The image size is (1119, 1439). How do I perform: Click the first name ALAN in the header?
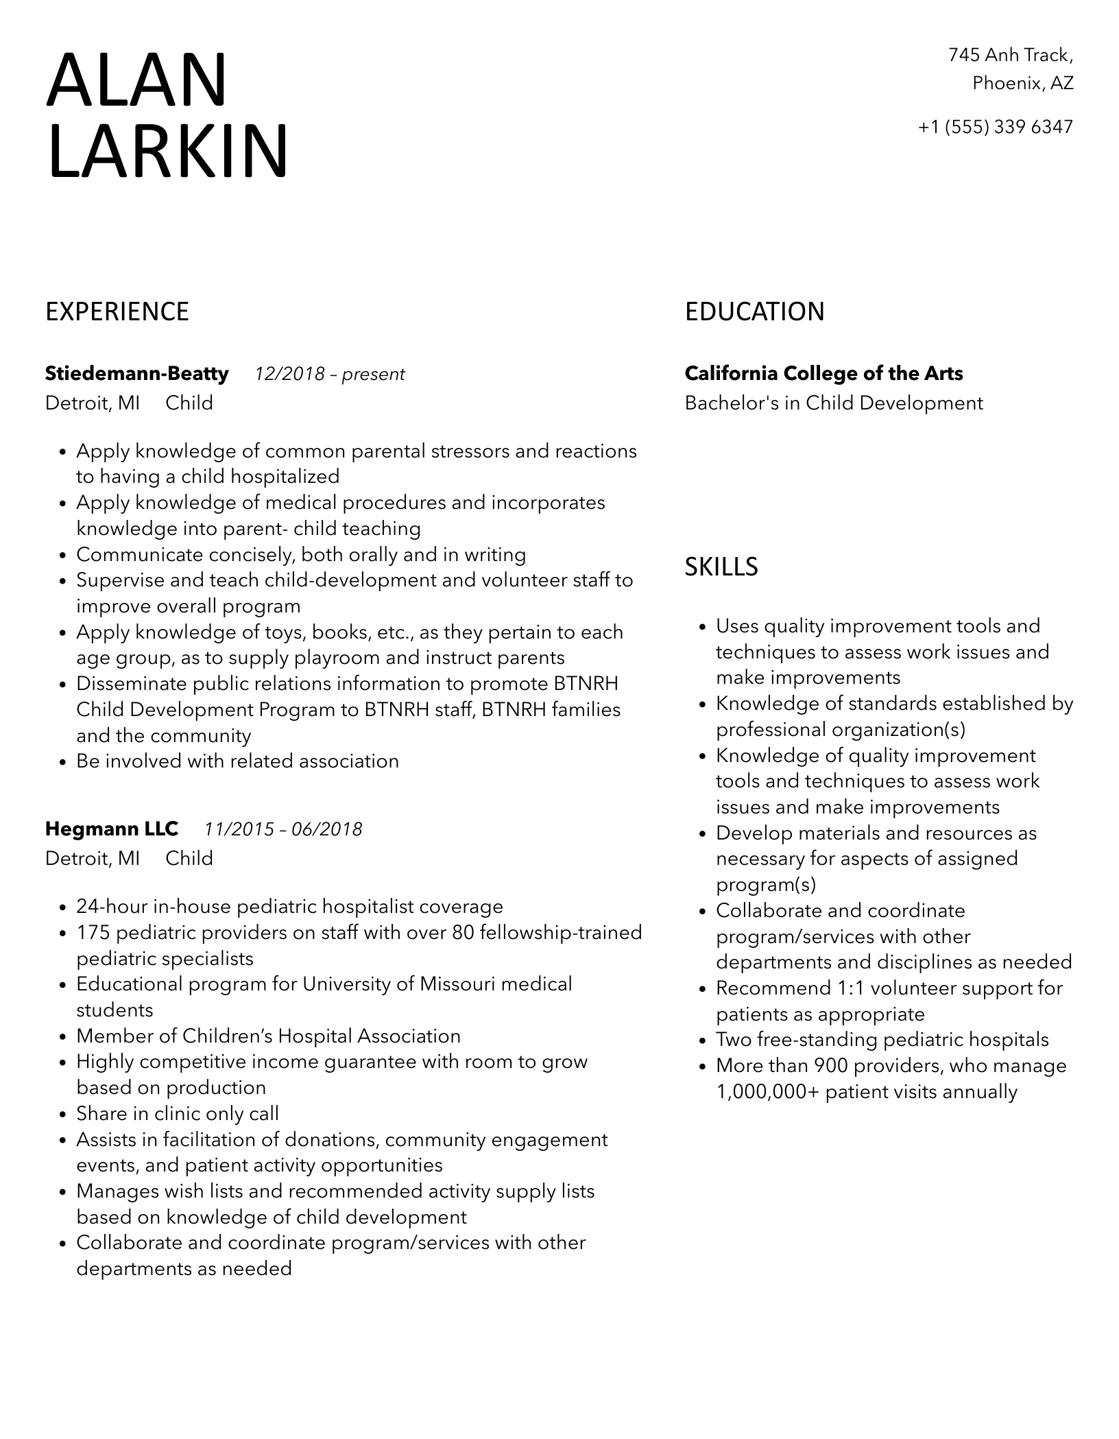point(136,81)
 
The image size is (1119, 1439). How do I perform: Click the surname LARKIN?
point(167,152)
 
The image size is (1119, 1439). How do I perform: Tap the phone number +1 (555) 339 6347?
point(995,127)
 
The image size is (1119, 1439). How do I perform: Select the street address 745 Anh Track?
point(1010,55)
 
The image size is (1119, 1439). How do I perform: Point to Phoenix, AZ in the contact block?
point(1022,84)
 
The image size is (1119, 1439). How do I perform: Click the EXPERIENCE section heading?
point(117,312)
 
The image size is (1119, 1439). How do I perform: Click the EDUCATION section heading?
point(754,312)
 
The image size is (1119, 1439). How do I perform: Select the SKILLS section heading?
point(721,567)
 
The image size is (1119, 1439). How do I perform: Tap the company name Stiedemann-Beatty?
point(136,374)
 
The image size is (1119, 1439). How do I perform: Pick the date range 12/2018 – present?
point(330,374)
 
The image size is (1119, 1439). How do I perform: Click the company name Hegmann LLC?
point(111,829)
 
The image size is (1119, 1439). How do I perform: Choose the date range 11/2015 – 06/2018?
point(283,830)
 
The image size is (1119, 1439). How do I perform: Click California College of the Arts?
point(823,374)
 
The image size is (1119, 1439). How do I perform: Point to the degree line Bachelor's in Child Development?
point(834,403)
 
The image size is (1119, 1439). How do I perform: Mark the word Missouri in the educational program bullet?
point(457,984)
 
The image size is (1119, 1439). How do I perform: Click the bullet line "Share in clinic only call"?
point(178,1114)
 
